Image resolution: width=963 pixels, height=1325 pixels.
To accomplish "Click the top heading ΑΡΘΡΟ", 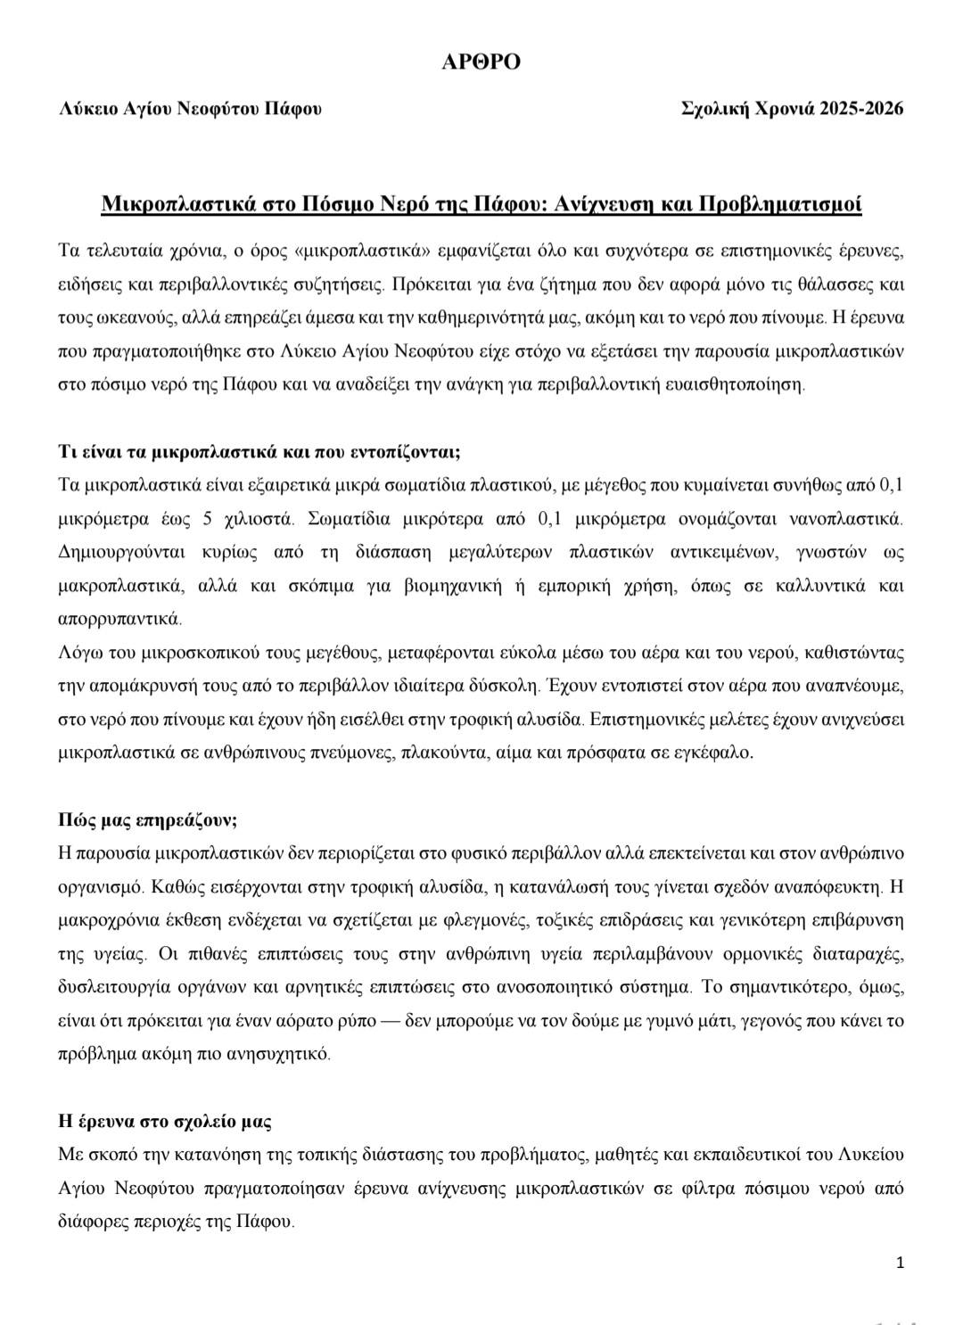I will [x=481, y=62].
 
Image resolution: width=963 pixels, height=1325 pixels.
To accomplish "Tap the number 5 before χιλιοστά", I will [x=208, y=518].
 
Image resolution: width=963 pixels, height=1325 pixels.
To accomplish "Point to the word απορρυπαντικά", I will [x=119, y=618].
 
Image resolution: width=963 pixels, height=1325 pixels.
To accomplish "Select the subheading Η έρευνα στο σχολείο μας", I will [x=164, y=1121].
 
